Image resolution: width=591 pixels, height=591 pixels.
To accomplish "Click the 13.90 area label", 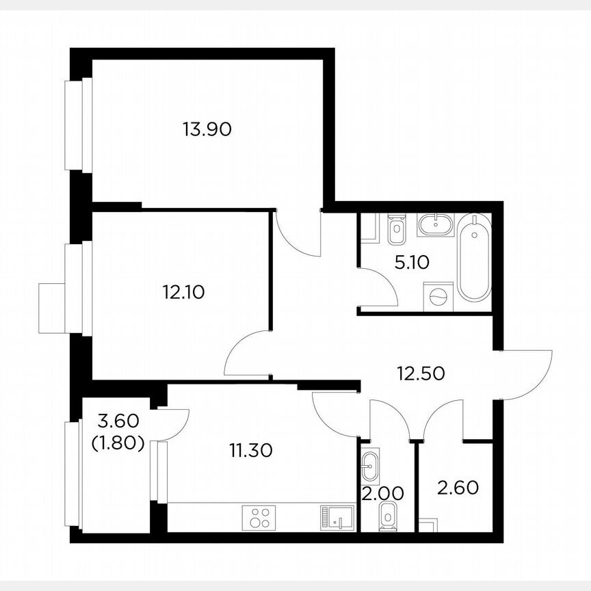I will pos(208,128).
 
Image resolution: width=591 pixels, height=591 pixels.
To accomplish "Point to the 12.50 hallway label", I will pos(421,373).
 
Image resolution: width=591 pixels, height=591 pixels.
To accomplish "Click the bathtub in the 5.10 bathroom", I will pos(474,258).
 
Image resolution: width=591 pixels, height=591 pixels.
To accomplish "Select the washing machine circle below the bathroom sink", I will pos(436,296).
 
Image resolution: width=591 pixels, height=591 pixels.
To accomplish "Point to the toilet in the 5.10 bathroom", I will pos(396,231).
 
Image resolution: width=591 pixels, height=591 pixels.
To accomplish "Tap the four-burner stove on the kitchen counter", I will pos(260,517).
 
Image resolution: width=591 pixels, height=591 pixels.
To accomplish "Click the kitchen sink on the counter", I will pos(337,518).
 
